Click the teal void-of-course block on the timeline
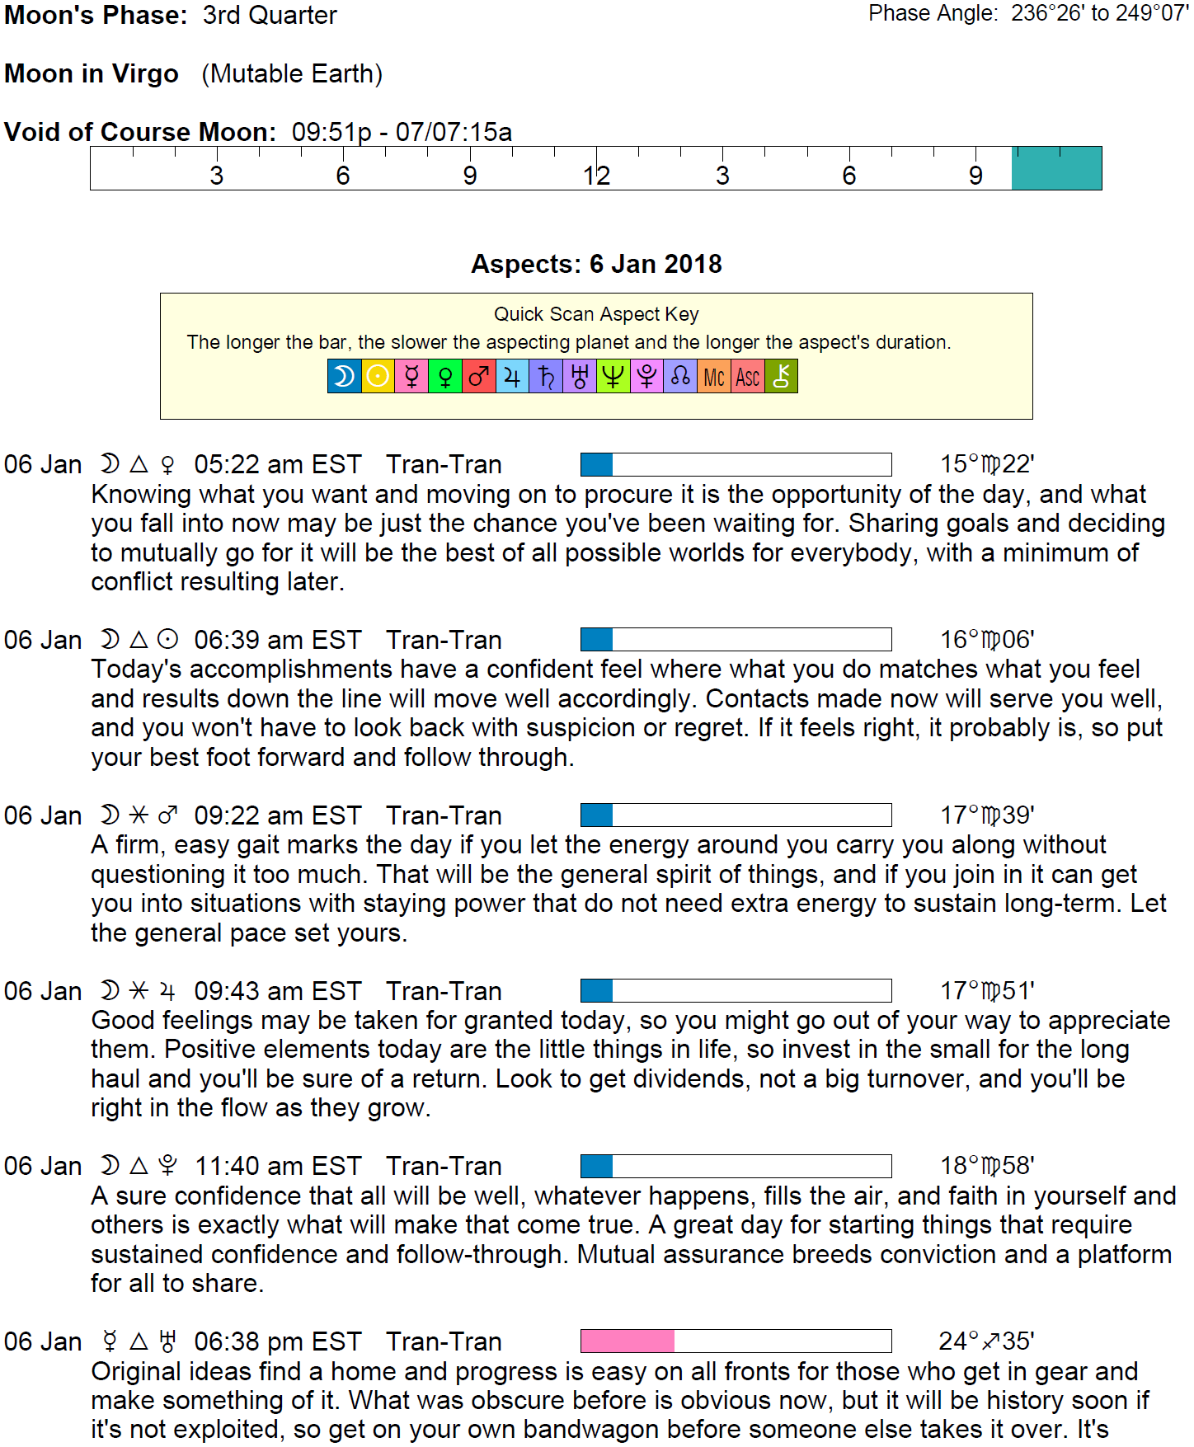click(x=1056, y=168)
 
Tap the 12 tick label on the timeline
click(x=596, y=176)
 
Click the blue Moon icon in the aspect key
click(x=344, y=377)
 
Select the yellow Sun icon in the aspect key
click(x=378, y=377)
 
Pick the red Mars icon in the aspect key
click(x=478, y=377)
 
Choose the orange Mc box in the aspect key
click(x=713, y=377)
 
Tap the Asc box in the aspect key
click(x=747, y=377)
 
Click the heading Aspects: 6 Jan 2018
click(x=596, y=264)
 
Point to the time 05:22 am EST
click(x=278, y=464)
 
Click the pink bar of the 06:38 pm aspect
click(x=627, y=1341)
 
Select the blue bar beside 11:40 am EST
click(x=596, y=1166)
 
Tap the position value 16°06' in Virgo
click(x=987, y=640)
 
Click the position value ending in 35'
click(x=986, y=1341)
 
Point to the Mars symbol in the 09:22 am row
click(x=167, y=815)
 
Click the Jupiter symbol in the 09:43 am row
click(x=167, y=991)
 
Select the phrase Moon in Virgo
click(x=92, y=73)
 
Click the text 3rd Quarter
click(x=270, y=15)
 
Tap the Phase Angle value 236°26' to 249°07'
click(x=1099, y=13)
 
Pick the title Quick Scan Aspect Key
click(x=596, y=314)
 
